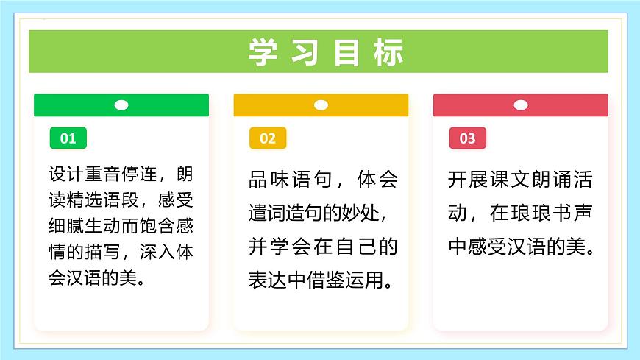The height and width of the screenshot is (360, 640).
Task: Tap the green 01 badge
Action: [x=68, y=138]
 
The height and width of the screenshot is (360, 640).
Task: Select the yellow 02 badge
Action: [x=268, y=138]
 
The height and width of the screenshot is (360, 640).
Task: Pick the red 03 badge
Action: [x=467, y=138]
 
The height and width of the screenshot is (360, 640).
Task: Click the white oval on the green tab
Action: [x=121, y=105]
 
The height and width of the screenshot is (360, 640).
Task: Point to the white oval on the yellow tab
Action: [x=321, y=105]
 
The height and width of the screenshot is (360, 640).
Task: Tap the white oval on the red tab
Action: [x=521, y=105]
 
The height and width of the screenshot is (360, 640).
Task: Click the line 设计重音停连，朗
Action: [x=121, y=176]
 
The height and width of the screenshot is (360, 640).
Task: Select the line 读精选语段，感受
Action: [x=121, y=201]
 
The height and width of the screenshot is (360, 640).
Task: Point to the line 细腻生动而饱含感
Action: [x=121, y=227]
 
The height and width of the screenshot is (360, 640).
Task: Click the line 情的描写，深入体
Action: [x=121, y=253]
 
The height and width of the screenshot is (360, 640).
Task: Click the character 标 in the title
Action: [x=387, y=52]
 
